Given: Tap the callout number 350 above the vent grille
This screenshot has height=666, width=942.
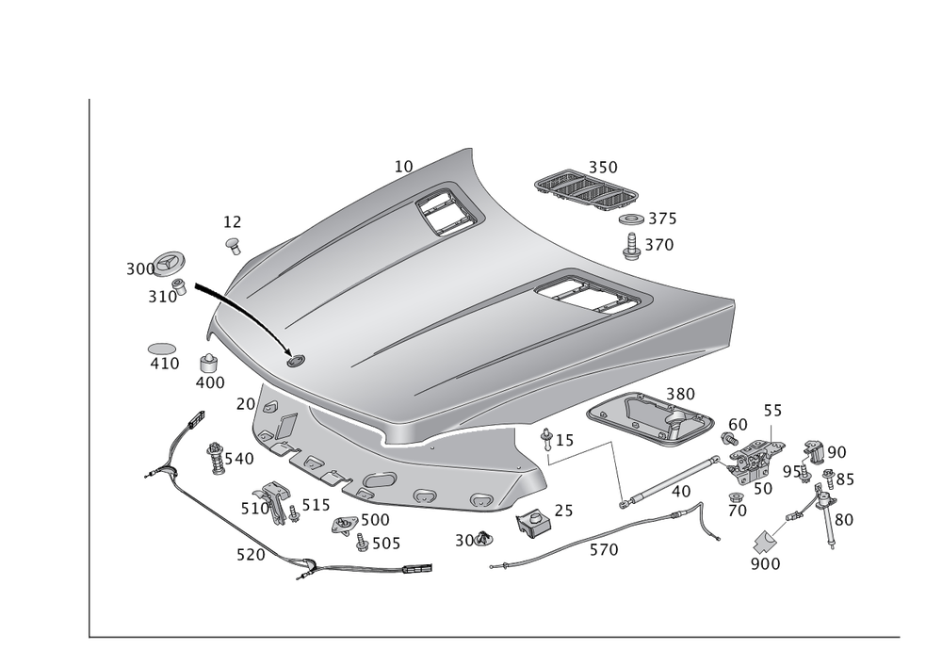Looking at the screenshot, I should pos(604,167).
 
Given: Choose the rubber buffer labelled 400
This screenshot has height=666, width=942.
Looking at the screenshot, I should pos(209,364).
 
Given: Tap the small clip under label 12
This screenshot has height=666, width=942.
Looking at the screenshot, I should pos(231,245).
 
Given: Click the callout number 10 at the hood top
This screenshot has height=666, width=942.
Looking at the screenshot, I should pos(403,166).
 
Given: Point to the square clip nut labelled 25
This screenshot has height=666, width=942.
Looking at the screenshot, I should pos(532,519).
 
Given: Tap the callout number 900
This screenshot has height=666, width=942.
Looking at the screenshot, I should pos(764,564).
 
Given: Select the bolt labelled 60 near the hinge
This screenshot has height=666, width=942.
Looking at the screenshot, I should pos(730,438).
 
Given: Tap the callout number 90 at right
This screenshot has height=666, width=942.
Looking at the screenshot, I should pos(836,452).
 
